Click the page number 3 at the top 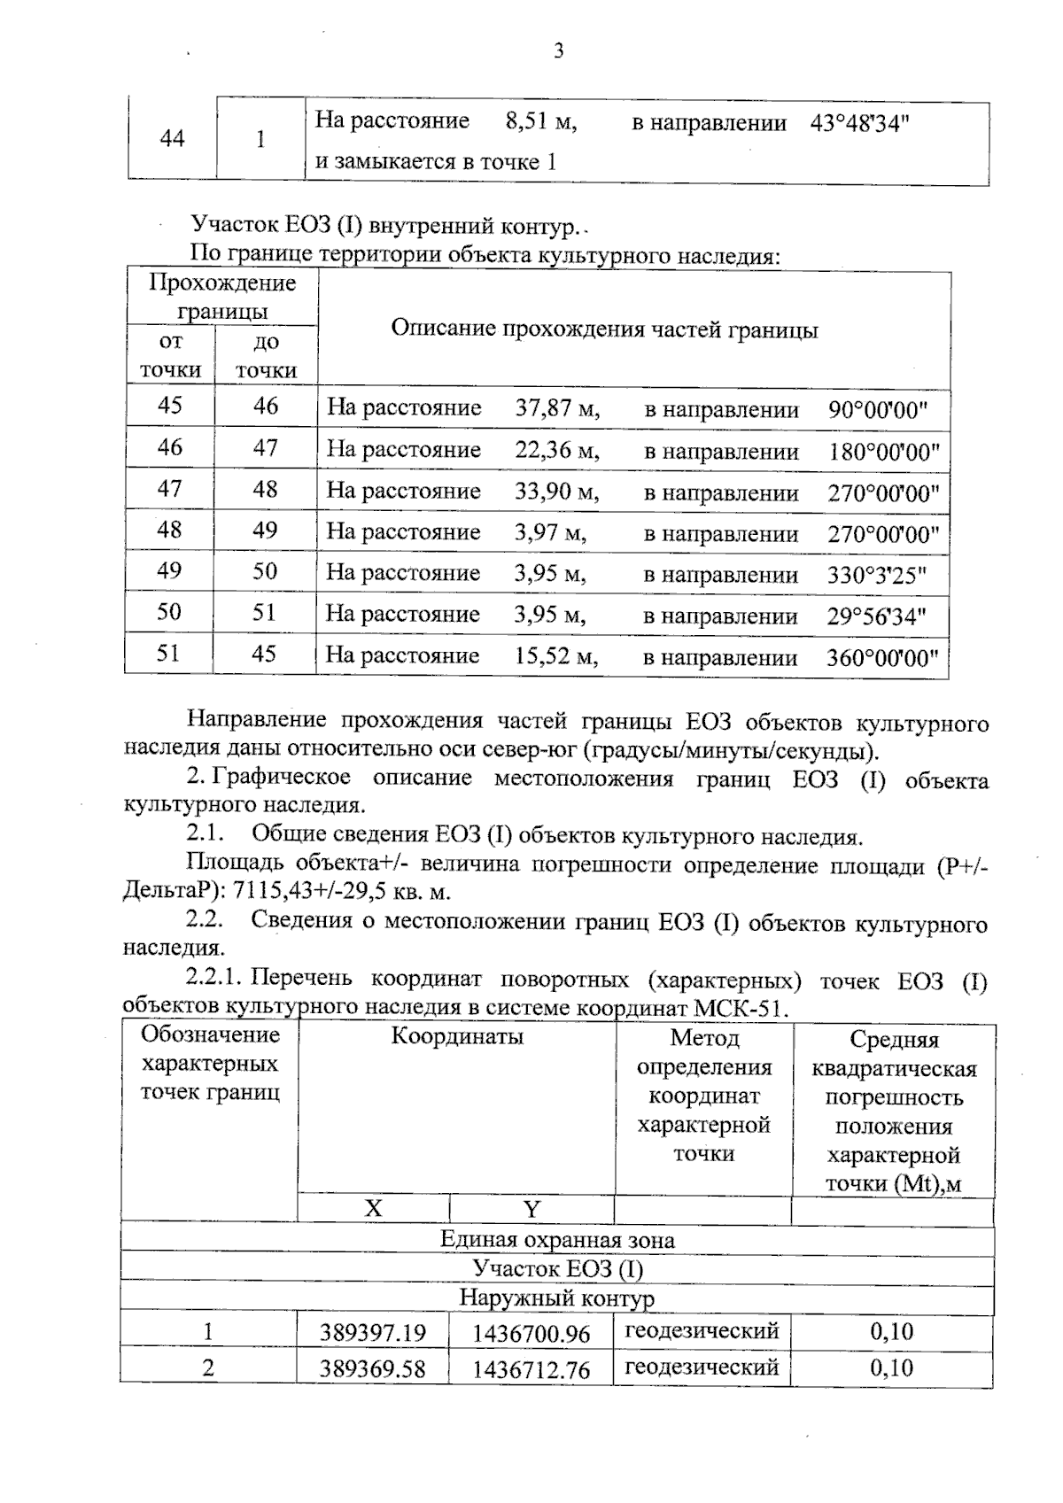[558, 51]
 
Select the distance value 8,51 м [541, 121]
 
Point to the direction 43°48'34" [860, 123]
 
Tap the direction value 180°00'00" [883, 452]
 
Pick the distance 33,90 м [557, 491]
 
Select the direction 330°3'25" [876, 575]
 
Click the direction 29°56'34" [876, 616]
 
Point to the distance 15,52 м [556, 656]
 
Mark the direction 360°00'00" [882, 658]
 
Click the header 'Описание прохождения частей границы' [604, 329]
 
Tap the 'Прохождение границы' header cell [221, 297]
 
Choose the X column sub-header [374, 1209]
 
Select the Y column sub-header [531, 1210]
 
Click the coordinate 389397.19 [373, 1333]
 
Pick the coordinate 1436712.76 [531, 1369]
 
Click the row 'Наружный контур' [556, 1299]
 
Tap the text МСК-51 [741, 1009]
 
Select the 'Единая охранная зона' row [556, 1240]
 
